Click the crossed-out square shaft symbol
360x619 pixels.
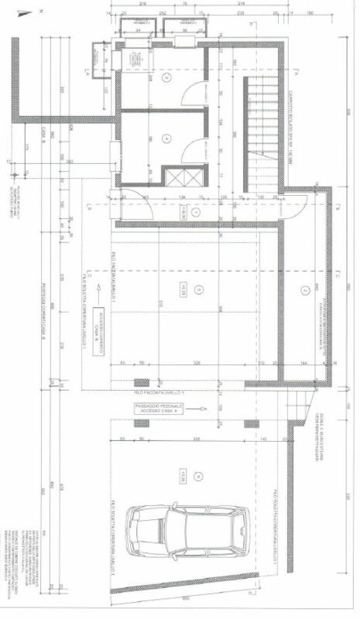tap(186, 177)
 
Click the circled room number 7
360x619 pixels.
tap(305, 290)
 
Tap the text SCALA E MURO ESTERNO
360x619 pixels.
tap(341, 419)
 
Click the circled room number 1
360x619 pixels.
tap(195, 210)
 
